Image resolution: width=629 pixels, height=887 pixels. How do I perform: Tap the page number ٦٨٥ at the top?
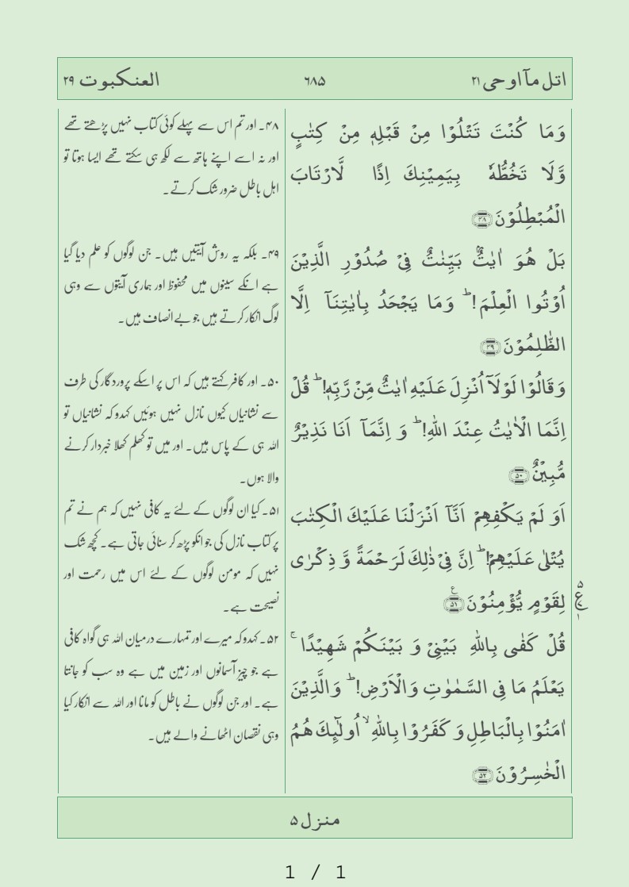[x=315, y=81]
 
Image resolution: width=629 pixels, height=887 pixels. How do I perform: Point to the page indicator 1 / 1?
[x=315, y=873]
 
